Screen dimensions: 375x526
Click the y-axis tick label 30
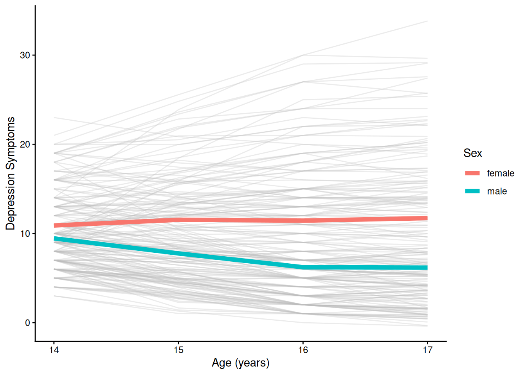pos(25,55)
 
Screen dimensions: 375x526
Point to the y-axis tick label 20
pos(25,144)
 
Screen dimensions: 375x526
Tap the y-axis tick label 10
pos(25,234)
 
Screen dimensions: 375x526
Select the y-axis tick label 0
pos(27,323)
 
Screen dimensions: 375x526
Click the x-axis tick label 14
pos(54,350)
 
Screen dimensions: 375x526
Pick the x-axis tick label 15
pos(178,350)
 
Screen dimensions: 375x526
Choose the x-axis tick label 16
pos(303,350)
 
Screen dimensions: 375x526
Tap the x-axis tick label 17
pos(427,350)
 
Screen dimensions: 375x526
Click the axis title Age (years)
pos(240,363)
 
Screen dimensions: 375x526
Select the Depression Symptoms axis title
pos(11,173)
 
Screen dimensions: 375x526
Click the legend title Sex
pos(472,153)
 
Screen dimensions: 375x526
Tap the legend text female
pos(500,173)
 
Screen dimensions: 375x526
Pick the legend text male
pos(497,191)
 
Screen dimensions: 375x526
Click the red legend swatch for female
pos(472,173)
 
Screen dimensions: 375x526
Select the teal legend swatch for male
pos(472,191)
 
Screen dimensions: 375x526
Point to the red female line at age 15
pos(178,220)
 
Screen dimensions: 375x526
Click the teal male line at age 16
pos(303,267)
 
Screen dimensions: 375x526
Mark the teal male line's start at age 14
pos(55,239)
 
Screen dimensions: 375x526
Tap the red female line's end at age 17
pos(427,218)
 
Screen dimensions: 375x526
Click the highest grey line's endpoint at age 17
pos(427,21)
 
